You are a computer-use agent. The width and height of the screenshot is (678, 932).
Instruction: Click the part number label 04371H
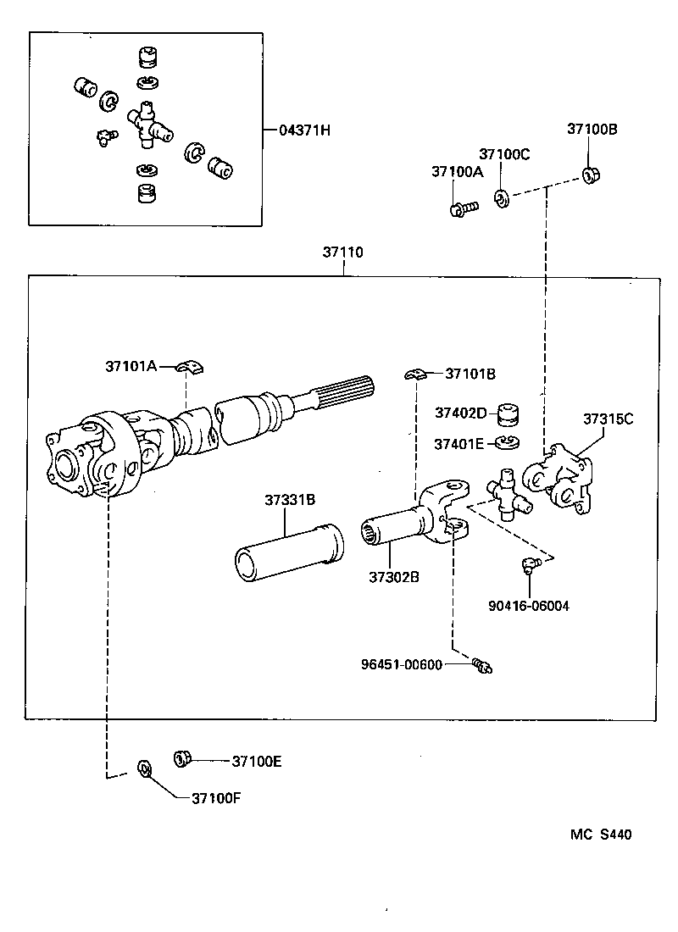coord(303,130)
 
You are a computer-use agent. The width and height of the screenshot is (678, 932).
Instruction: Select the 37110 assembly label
coord(342,252)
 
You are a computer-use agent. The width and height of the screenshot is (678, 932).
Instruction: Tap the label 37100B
coord(592,130)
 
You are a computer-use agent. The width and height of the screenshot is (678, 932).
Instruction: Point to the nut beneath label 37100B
coord(591,176)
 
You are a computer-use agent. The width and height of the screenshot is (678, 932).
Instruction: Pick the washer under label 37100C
coord(501,198)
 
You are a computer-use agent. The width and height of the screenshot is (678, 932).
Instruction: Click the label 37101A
coord(131,366)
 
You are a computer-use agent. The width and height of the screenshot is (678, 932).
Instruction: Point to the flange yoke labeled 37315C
coord(559,480)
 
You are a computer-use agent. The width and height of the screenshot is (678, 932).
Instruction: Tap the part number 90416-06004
coord(529,605)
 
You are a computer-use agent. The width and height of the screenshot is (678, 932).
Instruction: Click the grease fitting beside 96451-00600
coord(484,667)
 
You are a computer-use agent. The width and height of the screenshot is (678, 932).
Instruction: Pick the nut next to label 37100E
coord(181,758)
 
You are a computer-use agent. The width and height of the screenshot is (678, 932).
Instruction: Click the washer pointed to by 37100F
coord(144,769)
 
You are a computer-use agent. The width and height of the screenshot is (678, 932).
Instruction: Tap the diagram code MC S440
coord(600,835)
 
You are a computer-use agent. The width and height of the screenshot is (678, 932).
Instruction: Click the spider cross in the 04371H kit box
coord(147,123)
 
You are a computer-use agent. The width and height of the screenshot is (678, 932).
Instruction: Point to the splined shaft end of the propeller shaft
coord(342,391)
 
